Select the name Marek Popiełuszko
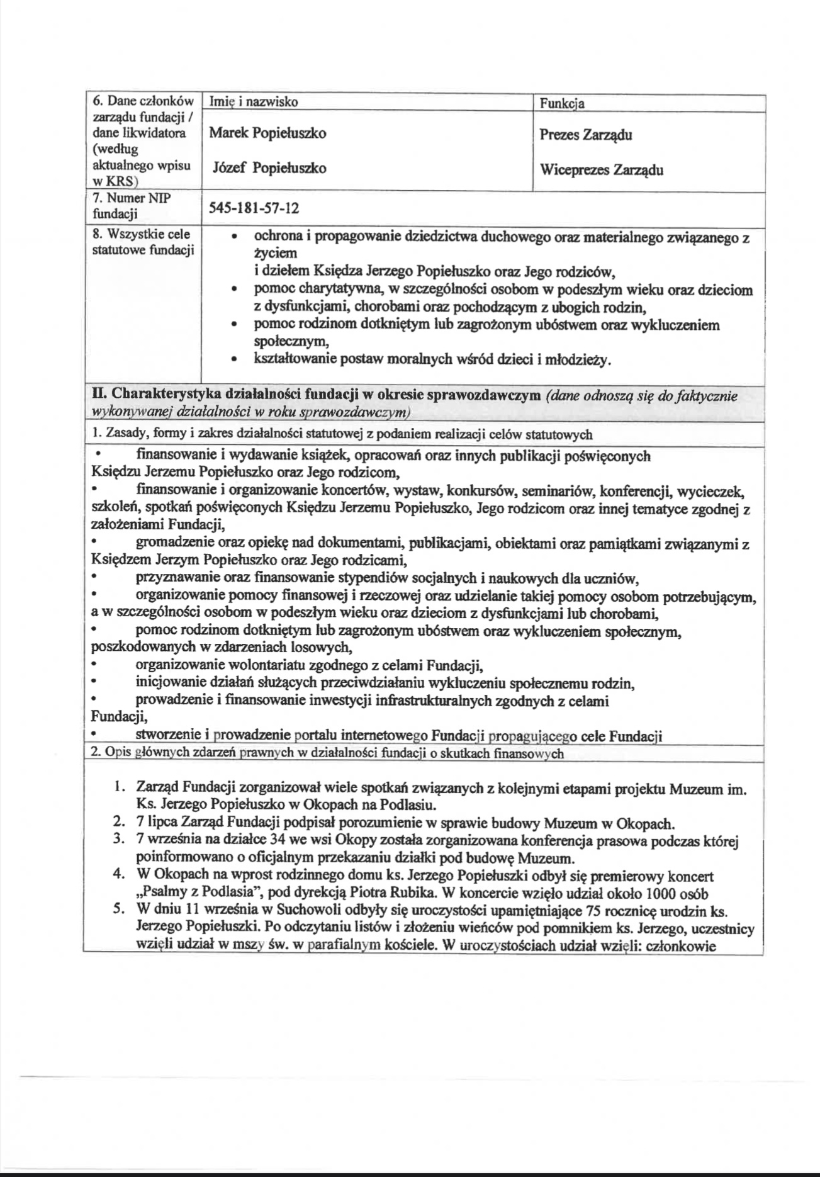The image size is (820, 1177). (267, 133)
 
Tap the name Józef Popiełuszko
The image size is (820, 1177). (267, 169)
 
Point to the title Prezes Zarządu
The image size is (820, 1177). (586, 135)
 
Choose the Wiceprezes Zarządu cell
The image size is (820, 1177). (601, 170)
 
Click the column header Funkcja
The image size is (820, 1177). (562, 103)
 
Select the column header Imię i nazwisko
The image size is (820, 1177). (254, 102)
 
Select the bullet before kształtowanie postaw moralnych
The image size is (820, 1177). (234, 361)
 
